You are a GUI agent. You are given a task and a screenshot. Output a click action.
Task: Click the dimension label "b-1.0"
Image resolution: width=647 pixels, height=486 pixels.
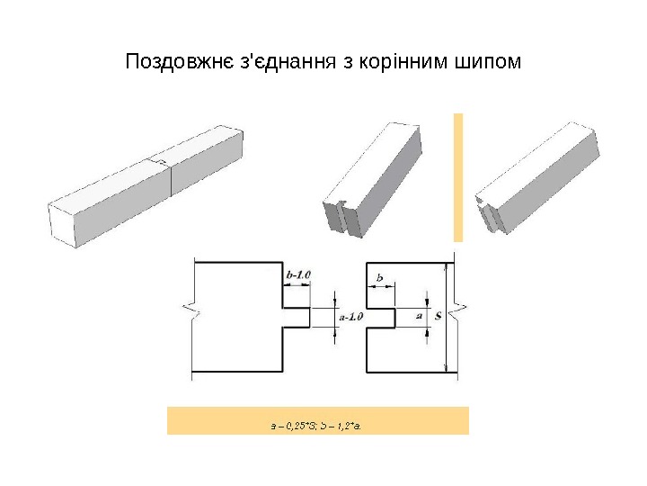tap(297, 274)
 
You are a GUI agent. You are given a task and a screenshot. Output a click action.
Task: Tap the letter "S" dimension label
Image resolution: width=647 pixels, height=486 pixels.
tap(437, 316)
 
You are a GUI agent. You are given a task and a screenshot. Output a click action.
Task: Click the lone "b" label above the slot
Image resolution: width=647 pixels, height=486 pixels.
tap(380, 280)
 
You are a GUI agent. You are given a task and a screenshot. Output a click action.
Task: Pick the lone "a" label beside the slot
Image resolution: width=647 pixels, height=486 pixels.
tap(419, 316)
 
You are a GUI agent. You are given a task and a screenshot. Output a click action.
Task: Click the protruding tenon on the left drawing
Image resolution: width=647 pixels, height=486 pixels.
tap(297, 316)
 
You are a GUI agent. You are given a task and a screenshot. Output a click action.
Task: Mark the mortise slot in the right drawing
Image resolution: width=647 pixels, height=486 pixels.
tap(381, 316)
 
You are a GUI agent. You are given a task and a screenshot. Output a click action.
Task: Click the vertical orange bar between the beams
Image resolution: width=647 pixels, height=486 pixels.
tap(457, 177)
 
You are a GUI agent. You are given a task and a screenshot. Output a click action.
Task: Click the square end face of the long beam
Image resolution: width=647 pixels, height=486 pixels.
tap(58, 223)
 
